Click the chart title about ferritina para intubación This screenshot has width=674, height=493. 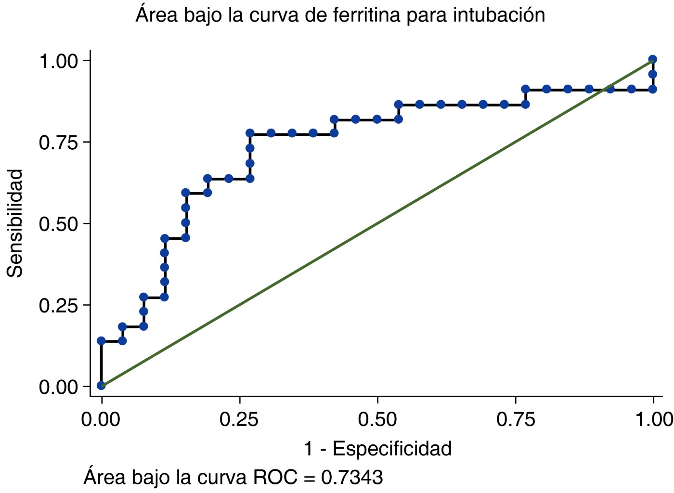tap(340, 15)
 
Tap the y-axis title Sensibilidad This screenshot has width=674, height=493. tap(15, 223)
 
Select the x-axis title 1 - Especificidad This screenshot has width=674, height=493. tap(377, 449)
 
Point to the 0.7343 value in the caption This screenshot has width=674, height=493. tap(352, 478)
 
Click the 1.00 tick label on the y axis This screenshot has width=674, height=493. tap(59, 61)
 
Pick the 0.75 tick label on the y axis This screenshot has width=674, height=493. tap(59, 143)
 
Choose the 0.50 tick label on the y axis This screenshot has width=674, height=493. tap(59, 224)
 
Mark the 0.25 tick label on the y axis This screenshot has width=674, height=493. tap(59, 305)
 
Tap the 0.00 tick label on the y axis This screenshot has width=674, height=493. tap(59, 387)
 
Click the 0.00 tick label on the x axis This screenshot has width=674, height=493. tap(101, 419)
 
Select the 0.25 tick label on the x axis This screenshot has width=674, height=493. tap(239, 419)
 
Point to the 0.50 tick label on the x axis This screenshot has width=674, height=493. tap(377, 419)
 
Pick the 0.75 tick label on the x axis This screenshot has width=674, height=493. tap(516, 419)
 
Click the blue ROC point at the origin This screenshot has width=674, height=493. tap(101, 385)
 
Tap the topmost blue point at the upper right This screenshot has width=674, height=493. tap(653, 60)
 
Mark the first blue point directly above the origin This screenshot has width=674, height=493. tap(101, 341)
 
